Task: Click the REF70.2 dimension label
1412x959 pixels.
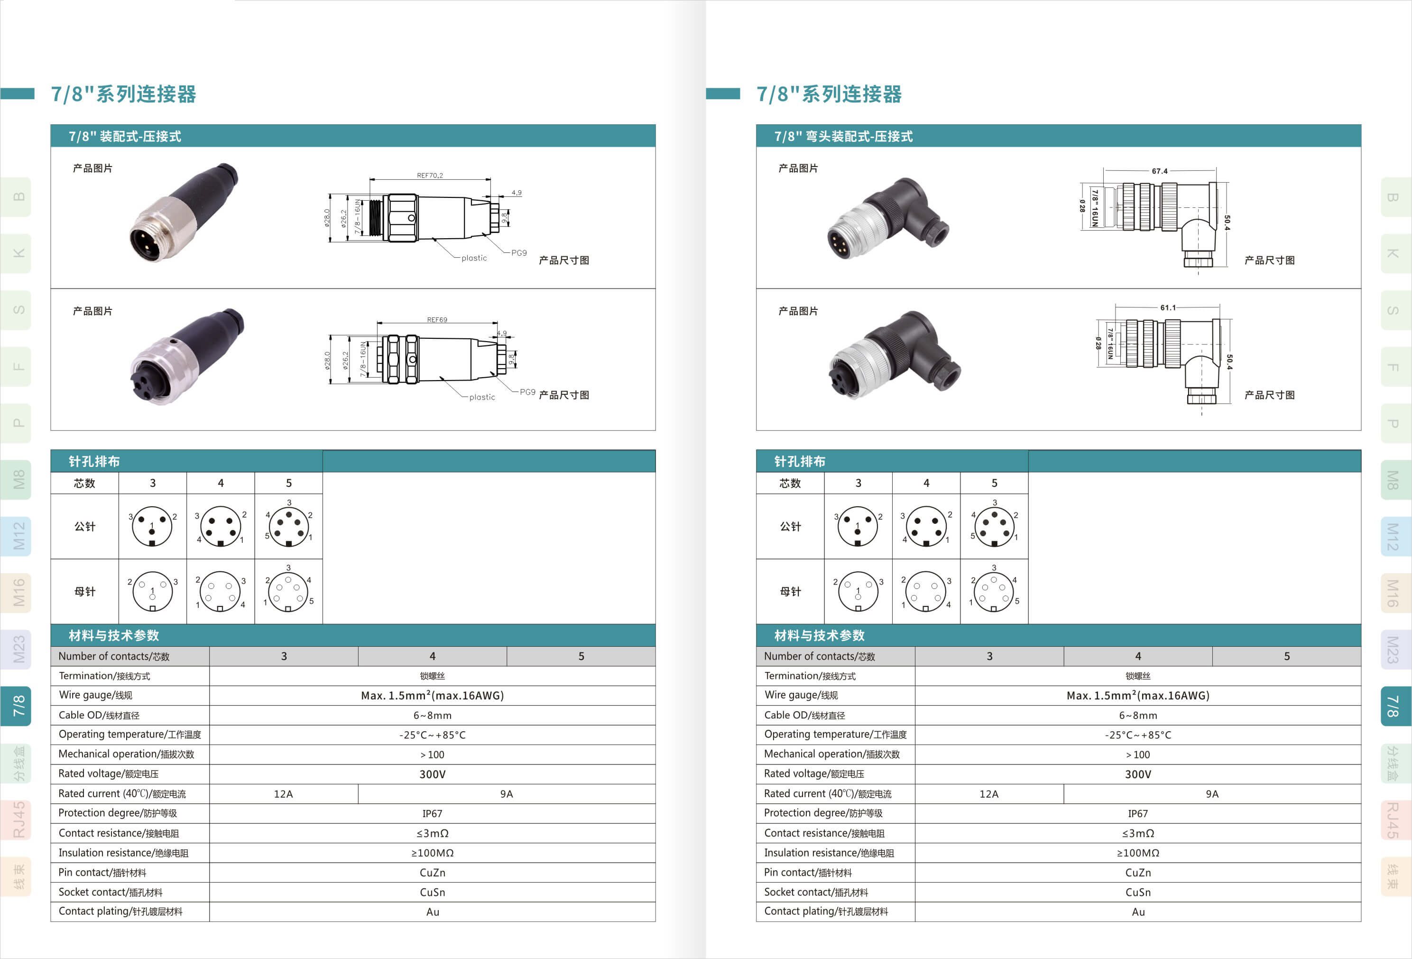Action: coord(430,175)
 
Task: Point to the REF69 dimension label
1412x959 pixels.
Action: coord(437,320)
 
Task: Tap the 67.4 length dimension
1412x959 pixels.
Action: coord(1159,171)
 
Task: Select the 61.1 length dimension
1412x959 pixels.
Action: coord(1168,307)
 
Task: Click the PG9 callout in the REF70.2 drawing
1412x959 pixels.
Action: coord(519,253)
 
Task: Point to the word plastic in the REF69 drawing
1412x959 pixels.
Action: coord(482,398)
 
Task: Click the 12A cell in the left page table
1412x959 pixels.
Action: coord(283,794)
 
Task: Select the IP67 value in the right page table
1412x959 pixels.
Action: coord(1137,814)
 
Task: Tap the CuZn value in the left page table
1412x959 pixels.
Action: coord(432,873)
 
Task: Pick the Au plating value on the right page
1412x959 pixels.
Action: coord(1138,912)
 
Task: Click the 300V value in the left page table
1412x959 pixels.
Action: coord(432,774)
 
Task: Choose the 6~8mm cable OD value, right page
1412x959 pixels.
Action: coord(1138,715)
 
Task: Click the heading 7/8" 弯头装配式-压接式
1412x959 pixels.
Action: coord(843,136)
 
